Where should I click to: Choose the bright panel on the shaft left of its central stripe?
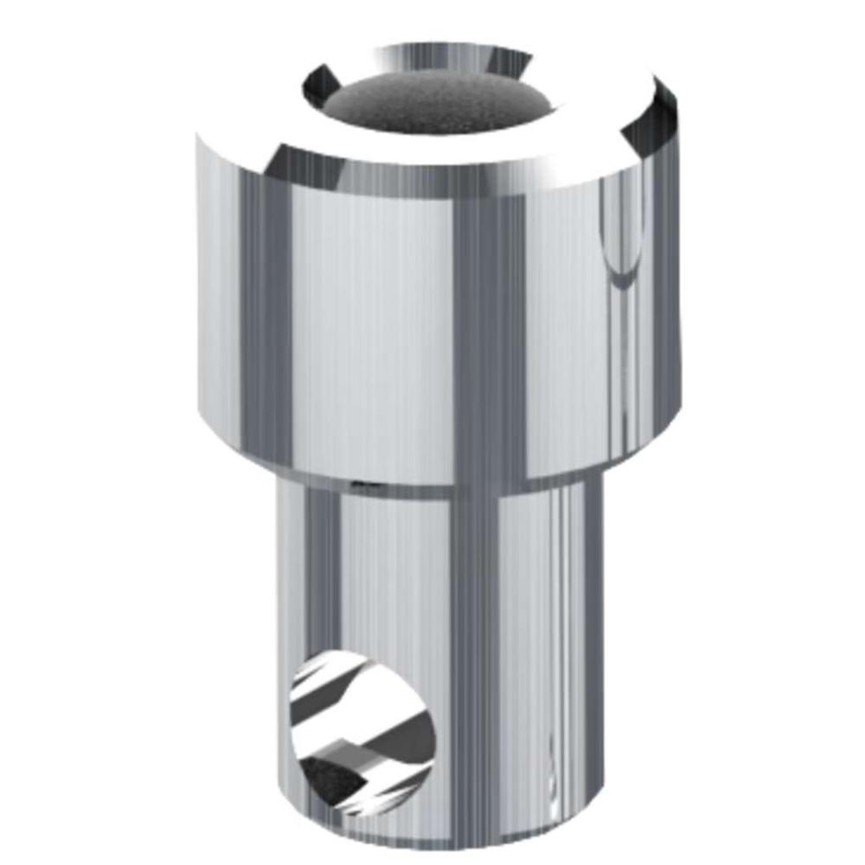coord(389,588)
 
